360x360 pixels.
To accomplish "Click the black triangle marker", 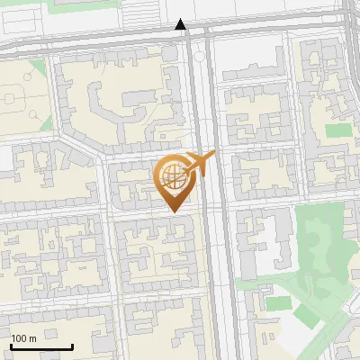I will [x=182, y=24].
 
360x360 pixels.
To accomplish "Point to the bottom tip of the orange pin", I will [x=173, y=212].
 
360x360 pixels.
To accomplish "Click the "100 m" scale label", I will [x=23, y=338].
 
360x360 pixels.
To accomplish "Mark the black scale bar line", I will [x=41, y=346].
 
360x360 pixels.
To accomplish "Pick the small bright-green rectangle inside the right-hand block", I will [x=337, y=130].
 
